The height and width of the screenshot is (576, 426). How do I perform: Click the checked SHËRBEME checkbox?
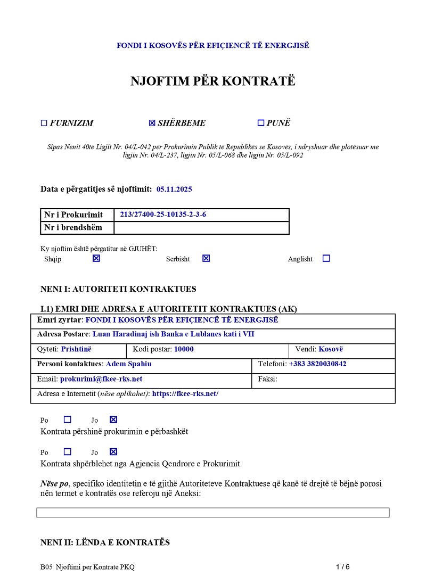[x=152, y=123]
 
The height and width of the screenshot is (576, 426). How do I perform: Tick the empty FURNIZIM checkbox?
[x=44, y=123]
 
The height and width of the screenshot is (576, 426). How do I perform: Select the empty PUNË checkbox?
[x=261, y=123]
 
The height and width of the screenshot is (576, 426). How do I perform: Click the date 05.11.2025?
[x=174, y=189]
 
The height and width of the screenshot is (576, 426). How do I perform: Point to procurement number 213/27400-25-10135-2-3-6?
[x=163, y=215]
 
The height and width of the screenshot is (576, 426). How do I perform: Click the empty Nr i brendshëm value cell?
[x=201, y=228]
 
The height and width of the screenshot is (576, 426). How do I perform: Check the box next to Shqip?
[x=96, y=258]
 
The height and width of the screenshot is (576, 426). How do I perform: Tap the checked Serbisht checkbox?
[x=206, y=258]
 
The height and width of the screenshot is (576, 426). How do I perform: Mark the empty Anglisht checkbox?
[x=326, y=258]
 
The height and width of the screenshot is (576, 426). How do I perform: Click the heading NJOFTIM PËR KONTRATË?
[x=213, y=81]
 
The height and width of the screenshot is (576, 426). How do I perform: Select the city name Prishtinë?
[x=76, y=349]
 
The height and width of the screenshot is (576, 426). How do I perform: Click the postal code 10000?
[x=184, y=349]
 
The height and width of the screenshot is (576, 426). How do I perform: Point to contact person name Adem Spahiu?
[x=129, y=364]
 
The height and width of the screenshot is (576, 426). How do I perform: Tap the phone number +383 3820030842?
[x=317, y=364]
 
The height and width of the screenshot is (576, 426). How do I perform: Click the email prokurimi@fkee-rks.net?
[x=101, y=379]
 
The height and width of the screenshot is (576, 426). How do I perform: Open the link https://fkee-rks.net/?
[x=185, y=394]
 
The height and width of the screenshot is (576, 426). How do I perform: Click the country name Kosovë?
[x=331, y=349]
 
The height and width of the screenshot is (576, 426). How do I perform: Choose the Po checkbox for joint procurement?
[x=67, y=419]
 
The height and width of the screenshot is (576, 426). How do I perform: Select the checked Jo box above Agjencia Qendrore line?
[x=113, y=452]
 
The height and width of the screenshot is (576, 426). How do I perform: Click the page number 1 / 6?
[x=343, y=566]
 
